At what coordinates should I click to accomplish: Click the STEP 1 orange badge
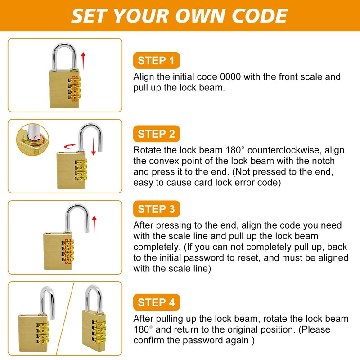tap(156, 61)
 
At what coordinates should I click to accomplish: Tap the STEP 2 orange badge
tap(156, 134)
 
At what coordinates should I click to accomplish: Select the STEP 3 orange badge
tap(156, 209)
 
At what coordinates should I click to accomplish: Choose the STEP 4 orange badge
tap(156, 302)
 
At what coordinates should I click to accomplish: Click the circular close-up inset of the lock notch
tap(31, 139)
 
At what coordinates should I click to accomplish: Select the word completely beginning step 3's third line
tap(156, 247)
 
